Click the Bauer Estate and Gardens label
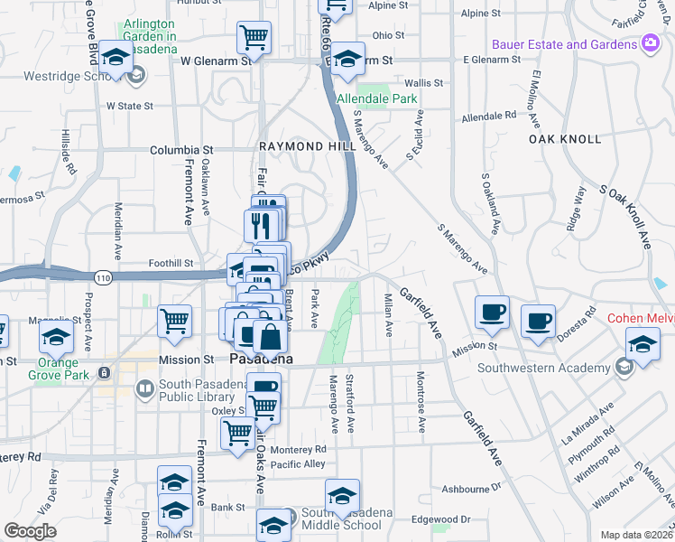tap(564, 44)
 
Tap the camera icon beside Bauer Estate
tap(650, 43)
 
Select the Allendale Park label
tap(376, 98)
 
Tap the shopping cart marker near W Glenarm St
tap(254, 39)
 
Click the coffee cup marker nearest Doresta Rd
tap(538, 321)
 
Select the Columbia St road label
tap(181, 150)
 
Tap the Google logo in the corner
tap(30, 531)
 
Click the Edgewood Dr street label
tap(441, 519)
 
